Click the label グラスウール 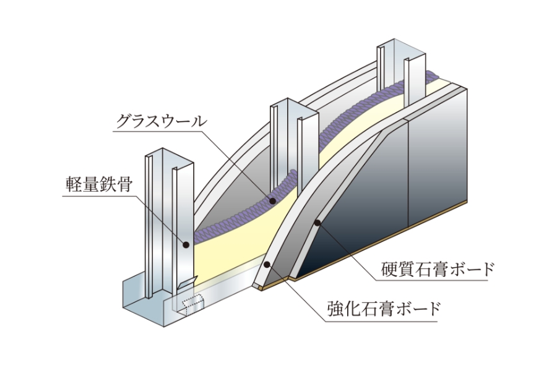pyautogui.click(x=160, y=121)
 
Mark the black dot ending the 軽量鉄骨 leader pyautogui.click(x=186, y=245)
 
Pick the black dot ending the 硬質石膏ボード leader pyautogui.click(x=318, y=222)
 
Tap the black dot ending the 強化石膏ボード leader pyautogui.click(x=267, y=264)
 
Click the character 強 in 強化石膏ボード pyautogui.click(x=334, y=307)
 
